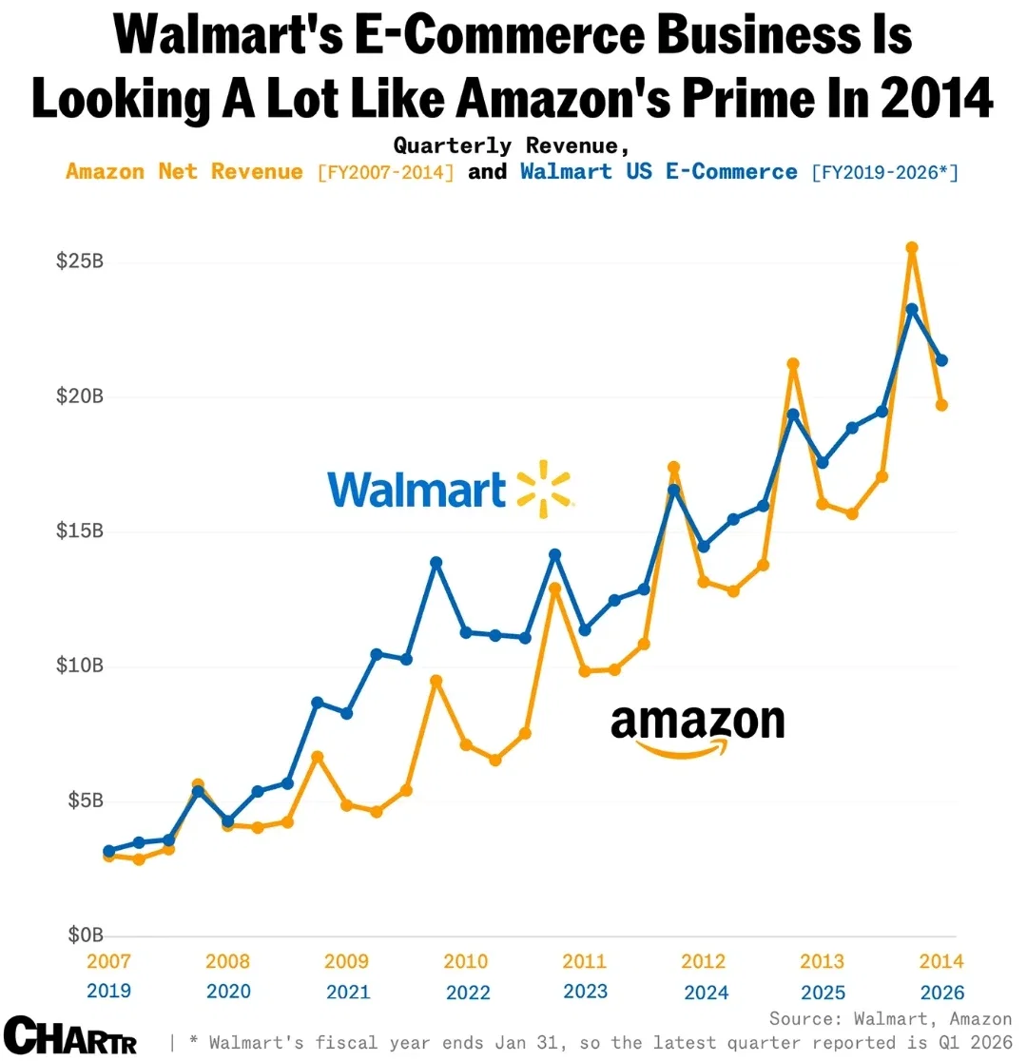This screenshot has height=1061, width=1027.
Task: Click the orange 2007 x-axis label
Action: (x=108, y=961)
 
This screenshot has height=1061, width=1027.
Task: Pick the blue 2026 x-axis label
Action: (x=942, y=993)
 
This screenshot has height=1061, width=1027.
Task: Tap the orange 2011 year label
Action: (x=585, y=961)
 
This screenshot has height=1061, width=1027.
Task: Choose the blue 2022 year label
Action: (x=467, y=993)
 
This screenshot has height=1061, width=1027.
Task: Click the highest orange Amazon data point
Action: (x=912, y=248)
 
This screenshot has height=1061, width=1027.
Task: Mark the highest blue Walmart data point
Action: (x=912, y=309)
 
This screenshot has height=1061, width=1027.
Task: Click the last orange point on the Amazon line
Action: (x=941, y=405)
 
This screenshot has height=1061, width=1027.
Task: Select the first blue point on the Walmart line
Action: (x=108, y=852)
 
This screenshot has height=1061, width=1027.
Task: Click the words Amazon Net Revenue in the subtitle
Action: (x=184, y=172)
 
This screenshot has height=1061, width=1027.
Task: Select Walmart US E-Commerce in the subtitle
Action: (x=659, y=172)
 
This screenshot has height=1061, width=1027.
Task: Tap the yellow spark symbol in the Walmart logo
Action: (x=544, y=490)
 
